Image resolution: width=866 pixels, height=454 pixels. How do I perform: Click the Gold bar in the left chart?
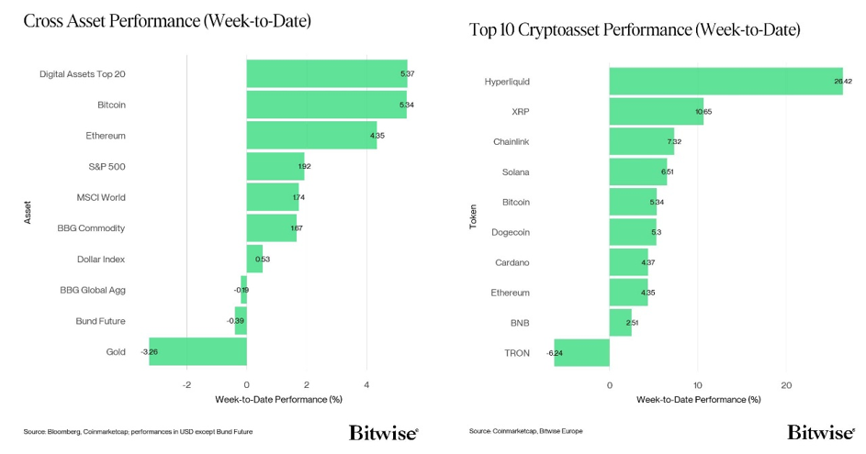click(197, 351)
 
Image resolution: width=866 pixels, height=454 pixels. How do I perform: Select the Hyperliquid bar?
click(725, 82)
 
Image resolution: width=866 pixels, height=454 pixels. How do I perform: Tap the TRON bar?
click(581, 353)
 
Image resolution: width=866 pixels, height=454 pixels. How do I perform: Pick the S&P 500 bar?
click(275, 166)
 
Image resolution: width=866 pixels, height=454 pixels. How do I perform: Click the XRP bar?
click(656, 112)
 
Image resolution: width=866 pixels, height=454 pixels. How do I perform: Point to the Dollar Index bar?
click(254, 259)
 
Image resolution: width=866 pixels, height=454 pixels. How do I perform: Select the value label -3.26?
click(150, 351)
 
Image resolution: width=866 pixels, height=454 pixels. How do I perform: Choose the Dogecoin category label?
click(512, 232)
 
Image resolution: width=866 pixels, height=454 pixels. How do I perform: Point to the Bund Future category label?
click(100, 321)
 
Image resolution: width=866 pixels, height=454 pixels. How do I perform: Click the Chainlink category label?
click(512, 142)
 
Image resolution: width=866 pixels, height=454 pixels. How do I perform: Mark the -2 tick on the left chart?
click(186, 384)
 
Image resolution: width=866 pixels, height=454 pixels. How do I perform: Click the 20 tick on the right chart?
click(786, 384)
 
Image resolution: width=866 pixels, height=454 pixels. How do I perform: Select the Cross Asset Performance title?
click(167, 20)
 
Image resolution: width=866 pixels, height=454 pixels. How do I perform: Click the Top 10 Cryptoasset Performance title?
click(635, 30)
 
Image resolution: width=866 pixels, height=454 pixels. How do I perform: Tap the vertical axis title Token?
click(473, 216)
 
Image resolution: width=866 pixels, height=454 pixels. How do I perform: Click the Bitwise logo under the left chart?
click(383, 432)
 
